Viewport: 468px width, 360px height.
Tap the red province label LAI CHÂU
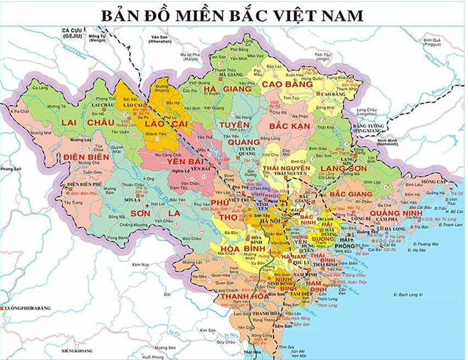pyautogui.click(x=87, y=124)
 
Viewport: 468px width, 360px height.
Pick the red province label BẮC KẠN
pyautogui.click(x=291, y=125)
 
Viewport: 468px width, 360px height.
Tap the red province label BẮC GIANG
pyautogui.click(x=352, y=193)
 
